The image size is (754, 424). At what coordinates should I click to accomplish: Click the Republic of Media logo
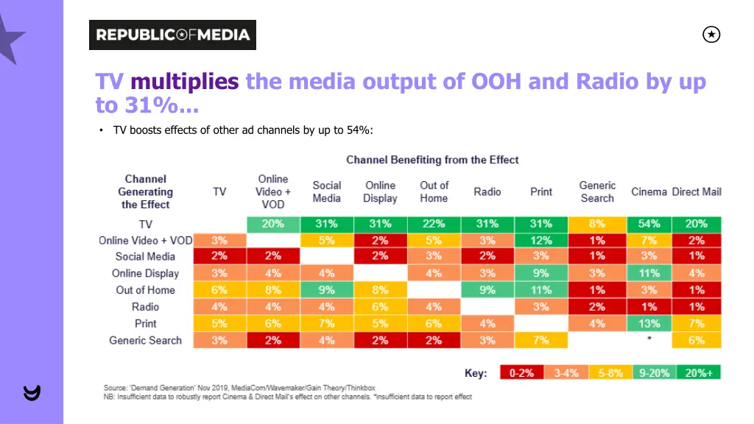point(172,35)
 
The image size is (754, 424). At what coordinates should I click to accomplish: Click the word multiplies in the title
point(184,82)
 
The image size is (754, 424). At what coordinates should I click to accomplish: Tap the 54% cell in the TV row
point(649,224)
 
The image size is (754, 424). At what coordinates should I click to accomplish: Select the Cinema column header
point(649,191)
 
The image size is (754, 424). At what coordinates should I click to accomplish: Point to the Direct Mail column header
point(697,191)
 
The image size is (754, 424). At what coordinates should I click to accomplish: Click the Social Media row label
point(145,257)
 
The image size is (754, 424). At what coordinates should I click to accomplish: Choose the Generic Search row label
point(145,340)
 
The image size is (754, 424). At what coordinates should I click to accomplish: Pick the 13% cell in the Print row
point(649,324)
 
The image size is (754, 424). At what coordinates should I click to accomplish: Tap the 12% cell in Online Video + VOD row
point(541,240)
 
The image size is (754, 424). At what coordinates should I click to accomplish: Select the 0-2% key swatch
point(521,373)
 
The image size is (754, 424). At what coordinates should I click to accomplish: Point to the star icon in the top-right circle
point(711,35)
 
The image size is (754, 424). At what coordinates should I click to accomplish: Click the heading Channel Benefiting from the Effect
point(432,160)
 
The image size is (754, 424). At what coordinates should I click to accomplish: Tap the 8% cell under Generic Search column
point(597,224)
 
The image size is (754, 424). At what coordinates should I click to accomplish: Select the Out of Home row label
point(145,290)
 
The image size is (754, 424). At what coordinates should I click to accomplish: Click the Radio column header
point(487,191)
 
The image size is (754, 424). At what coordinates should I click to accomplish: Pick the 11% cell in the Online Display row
point(649,273)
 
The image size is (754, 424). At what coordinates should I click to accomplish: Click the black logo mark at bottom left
point(32,393)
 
